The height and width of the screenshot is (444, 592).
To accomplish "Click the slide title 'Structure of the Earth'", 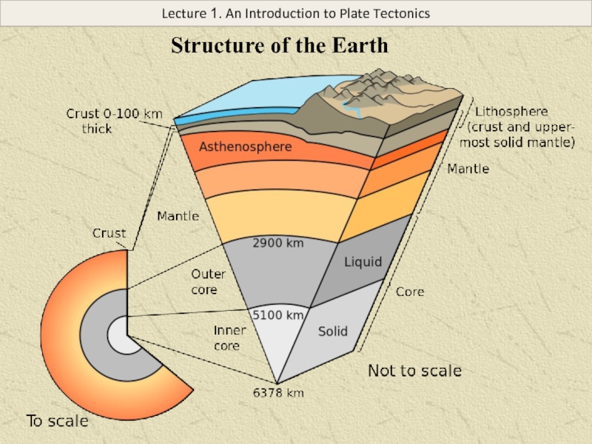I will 280,46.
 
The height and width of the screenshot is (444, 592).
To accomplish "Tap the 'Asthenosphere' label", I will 245,147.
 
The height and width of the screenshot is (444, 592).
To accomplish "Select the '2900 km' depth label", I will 277,242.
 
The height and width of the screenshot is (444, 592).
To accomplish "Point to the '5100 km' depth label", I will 278,314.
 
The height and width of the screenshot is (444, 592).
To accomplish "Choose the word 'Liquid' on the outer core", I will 363,262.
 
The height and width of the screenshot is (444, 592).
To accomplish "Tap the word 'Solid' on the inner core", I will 333,332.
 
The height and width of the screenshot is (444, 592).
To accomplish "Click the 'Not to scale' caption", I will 414,370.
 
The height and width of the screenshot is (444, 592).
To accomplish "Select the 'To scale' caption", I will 58,422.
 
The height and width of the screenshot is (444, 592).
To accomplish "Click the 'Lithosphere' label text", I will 511,112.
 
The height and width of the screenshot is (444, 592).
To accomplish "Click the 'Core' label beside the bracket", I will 410,292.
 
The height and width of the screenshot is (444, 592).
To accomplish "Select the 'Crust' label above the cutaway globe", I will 109,233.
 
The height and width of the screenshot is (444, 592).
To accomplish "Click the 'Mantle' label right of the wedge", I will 468,169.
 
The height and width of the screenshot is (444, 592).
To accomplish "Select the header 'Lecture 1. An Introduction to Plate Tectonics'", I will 296,13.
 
